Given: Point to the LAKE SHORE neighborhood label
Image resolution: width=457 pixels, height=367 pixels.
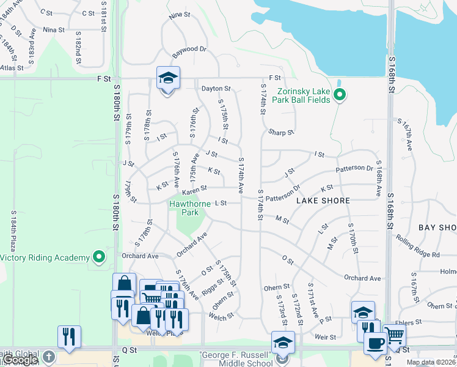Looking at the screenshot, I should click(x=323, y=201).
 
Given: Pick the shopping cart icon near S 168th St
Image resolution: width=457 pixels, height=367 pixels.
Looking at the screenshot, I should click(x=394, y=335).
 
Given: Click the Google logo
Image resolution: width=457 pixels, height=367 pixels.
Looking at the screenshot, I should click(x=21, y=360).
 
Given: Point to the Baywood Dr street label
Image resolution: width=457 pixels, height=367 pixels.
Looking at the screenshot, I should click(x=190, y=48).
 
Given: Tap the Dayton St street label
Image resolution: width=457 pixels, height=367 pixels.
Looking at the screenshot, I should click(x=216, y=89).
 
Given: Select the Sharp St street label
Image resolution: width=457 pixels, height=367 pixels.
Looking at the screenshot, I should click(x=281, y=132).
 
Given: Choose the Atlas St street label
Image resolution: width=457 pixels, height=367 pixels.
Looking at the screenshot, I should click(x=8, y=68).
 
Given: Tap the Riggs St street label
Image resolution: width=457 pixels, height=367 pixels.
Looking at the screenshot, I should click(x=213, y=287).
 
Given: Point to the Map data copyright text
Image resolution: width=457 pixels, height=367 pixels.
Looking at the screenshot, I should click(x=431, y=362).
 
